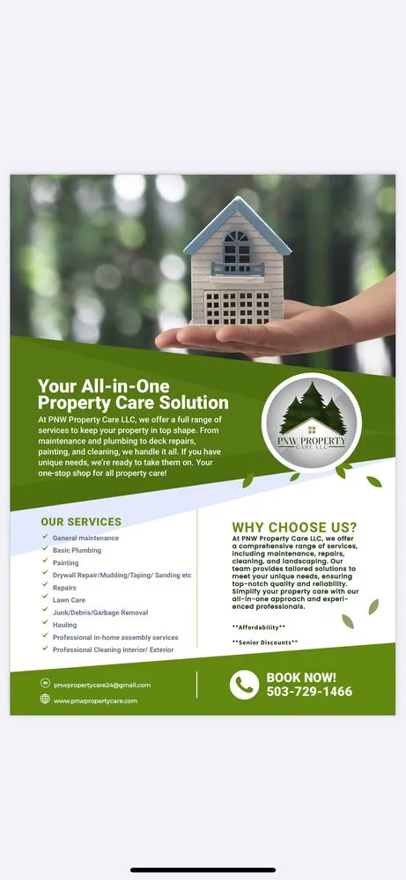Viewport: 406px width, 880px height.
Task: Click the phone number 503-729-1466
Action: [309, 692]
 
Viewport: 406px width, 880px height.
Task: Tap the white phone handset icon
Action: [244, 685]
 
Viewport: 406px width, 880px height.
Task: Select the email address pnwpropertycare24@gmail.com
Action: [101, 685]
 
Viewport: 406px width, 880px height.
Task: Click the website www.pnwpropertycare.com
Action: [95, 700]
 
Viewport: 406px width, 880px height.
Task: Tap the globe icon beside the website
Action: [45, 700]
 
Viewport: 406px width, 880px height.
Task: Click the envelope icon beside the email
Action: [45, 684]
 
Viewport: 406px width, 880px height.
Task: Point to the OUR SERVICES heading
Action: [81, 522]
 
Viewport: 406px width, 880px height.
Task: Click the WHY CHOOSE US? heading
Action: [294, 527]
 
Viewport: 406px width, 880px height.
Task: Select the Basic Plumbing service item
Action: [77, 550]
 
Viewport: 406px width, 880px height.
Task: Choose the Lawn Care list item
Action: [69, 600]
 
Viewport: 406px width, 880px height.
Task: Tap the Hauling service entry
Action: [64, 625]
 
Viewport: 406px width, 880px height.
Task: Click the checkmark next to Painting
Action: [45, 562]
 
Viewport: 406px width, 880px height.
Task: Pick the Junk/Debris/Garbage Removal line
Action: [100, 612]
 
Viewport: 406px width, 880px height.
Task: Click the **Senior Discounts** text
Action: [264, 642]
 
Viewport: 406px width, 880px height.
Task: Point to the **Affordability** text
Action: [258, 627]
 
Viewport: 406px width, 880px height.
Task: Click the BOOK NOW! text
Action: [301, 677]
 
